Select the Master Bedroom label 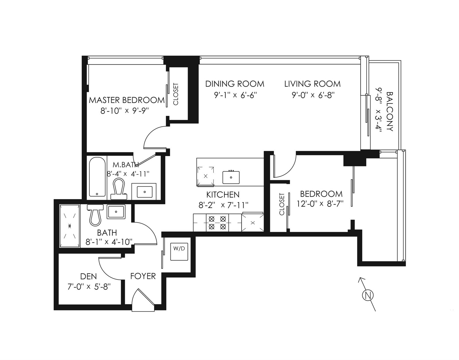tap(127, 100)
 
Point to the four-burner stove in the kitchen tap(217, 223)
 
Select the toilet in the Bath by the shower tap(95, 215)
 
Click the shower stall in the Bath tap(70, 226)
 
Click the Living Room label tap(312, 84)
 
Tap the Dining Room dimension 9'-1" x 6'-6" tap(235, 95)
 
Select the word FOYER tap(143, 276)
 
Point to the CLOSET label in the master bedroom tap(176, 94)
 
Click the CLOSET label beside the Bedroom tap(282, 204)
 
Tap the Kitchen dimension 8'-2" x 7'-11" tap(223, 205)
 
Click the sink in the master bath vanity tap(145, 192)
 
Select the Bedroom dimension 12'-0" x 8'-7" tap(320, 204)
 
